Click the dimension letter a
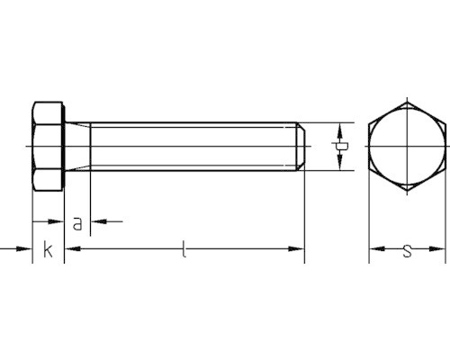click(x=77, y=224)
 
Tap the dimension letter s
click(x=407, y=251)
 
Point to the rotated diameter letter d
click(x=339, y=147)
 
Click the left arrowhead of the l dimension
click(x=73, y=248)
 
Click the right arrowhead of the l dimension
click(x=296, y=248)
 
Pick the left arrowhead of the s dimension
click(x=377, y=248)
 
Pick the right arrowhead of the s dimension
click(x=436, y=248)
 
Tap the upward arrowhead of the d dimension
click(x=339, y=132)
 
